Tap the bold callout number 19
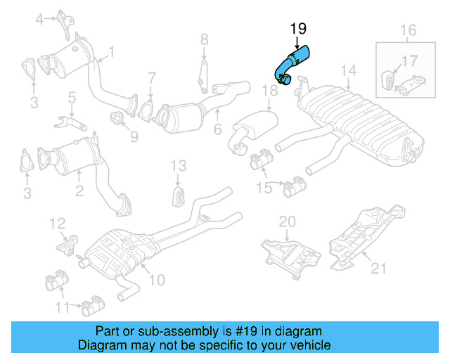[298, 29]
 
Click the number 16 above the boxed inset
[409, 30]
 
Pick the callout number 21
[379, 266]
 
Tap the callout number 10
[156, 280]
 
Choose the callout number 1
[110, 51]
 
